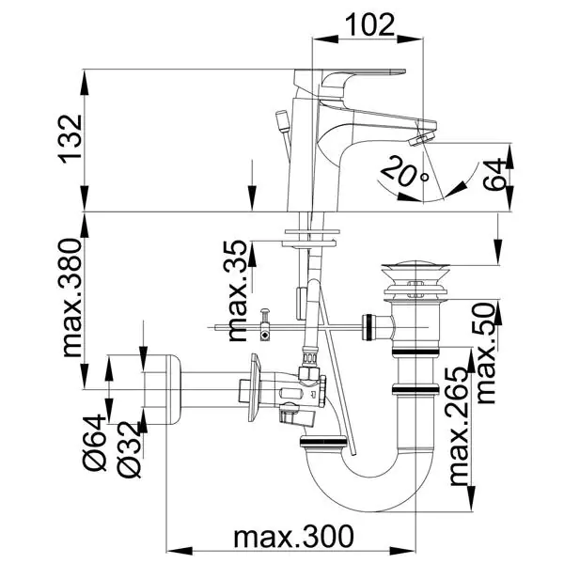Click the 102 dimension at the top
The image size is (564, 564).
click(x=369, y=24)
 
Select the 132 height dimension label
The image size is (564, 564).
click(x=70, y=139)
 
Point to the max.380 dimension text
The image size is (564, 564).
click(x=70, y=297)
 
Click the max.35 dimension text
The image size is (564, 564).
click(x=238, y=290)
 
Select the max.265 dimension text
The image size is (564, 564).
click(x=460, y=426)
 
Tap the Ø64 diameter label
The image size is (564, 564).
click(x=95, y=443)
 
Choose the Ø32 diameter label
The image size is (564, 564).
click(x=129, y=449)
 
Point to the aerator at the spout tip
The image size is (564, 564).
click(x=423, y=139)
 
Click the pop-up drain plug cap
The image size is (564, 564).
click(x=415, y=268)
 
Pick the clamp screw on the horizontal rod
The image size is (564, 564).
click(x=265, y=323)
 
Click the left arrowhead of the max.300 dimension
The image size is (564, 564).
click(x=180, y=551)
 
